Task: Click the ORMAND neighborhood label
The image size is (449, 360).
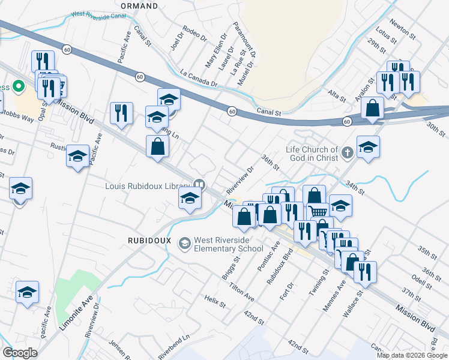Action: (x=139, y=5)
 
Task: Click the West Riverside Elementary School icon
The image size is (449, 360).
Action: (x=183, y=242)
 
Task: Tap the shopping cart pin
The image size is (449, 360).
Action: (x=319, y=211)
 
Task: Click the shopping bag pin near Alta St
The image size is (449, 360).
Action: (x=373, y=109)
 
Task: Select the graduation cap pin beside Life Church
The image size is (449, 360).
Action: (x=368, y=146)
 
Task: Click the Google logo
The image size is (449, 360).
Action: (x=20, y=352)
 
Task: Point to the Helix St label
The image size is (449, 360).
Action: (x=214, y=301)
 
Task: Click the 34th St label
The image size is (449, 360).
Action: (x=355, y=186)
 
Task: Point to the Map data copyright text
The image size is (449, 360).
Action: (x=411, y=355)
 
